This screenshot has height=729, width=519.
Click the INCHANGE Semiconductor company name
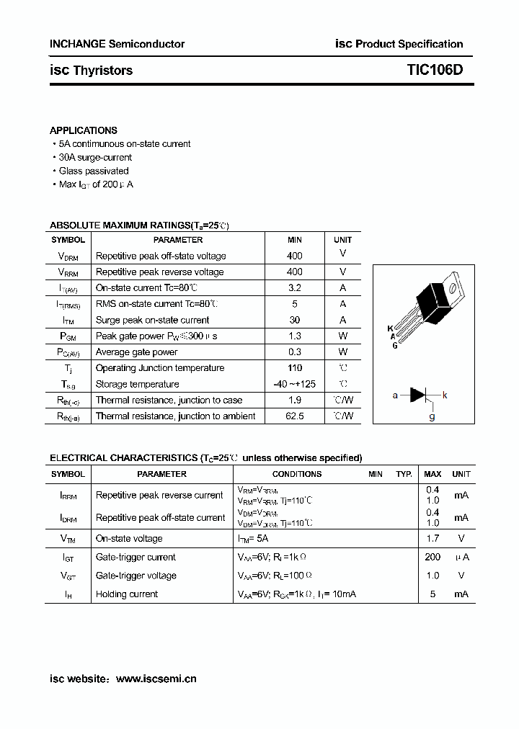(x=117, y=44)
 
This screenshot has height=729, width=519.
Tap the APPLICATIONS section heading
(x=83, y=130)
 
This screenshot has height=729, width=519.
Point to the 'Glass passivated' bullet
(x=93, y=171)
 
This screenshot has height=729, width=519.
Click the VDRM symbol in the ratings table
(x=68, y=256)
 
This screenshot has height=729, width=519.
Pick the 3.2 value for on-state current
(x=294, y=288)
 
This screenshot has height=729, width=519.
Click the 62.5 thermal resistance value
(x=294, y=416)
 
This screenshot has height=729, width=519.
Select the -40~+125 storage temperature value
(x=294, y=384)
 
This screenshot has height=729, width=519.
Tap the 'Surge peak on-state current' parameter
(x=152, y=320)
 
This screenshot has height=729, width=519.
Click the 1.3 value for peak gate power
(x=294, y=336)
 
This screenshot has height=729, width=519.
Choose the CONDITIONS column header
(x=297, y=474)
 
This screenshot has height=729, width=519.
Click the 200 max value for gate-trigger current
(x=432, y=557)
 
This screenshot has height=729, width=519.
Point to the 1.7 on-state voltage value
(x=432, y=538)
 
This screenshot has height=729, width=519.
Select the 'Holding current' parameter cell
(x=127, y=594)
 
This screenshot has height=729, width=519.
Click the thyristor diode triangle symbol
(x=418, y=395)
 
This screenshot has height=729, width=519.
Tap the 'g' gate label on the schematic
(x=432, y=416)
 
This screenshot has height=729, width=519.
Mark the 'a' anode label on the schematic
(x=395, y=395)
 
